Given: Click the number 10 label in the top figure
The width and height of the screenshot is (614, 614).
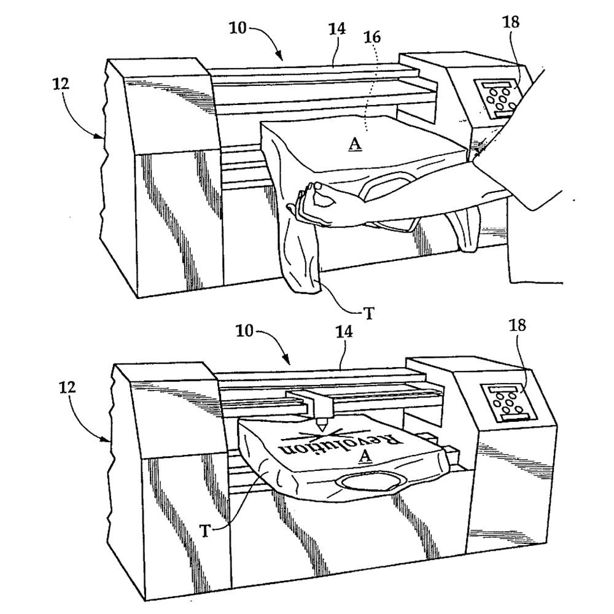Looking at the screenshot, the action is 238,28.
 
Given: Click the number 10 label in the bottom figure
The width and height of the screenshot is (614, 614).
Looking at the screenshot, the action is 244,332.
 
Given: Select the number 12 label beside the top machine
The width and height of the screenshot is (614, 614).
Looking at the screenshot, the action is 61,84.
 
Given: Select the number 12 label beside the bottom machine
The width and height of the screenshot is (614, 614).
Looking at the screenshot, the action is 68,387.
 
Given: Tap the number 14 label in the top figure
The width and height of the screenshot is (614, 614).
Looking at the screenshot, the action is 336,29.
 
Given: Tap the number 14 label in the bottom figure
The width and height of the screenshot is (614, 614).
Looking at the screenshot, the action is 343,332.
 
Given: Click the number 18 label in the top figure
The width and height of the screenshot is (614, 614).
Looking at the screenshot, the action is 511,22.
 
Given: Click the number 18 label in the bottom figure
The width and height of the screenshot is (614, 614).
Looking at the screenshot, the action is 517,325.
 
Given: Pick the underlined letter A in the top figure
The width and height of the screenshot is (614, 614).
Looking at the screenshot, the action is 355,144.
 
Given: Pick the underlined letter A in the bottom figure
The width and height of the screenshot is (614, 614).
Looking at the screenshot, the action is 365,456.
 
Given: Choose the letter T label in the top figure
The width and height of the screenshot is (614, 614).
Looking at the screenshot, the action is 368,313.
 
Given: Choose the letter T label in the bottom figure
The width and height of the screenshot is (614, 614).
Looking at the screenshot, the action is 205,530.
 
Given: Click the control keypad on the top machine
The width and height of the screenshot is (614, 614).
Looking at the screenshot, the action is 497,98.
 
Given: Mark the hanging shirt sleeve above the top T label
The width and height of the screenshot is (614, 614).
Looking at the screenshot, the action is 301,255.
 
